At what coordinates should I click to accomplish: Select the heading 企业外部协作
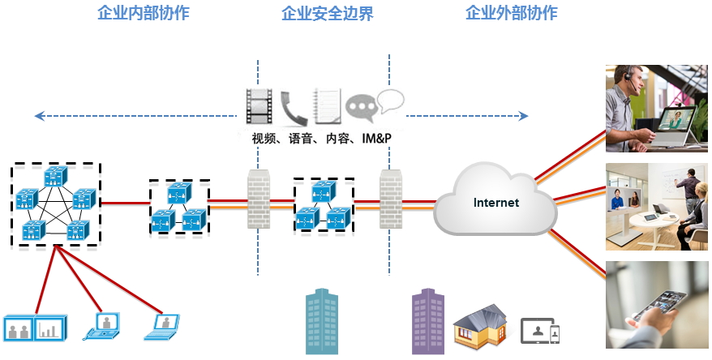tap(512, 14)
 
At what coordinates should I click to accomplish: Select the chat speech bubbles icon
tap(374, 104)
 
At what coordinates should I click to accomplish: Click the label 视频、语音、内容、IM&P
tap(322, 139)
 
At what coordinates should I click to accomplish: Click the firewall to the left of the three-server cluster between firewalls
tap(258, 199)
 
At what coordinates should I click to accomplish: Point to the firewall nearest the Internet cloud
tap(391, 199)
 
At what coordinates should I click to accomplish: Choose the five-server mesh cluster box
tap(56, 205)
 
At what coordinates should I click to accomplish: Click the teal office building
tap(321, 322)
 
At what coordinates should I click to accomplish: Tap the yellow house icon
tap(480, 327)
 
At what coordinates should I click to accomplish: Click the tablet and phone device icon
tap(540, 331)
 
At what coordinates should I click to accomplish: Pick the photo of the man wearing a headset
tap(657, 109)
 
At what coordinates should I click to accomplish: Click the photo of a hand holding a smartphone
tap(657, 305)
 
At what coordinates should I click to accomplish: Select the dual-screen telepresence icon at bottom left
tap(34, 327)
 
